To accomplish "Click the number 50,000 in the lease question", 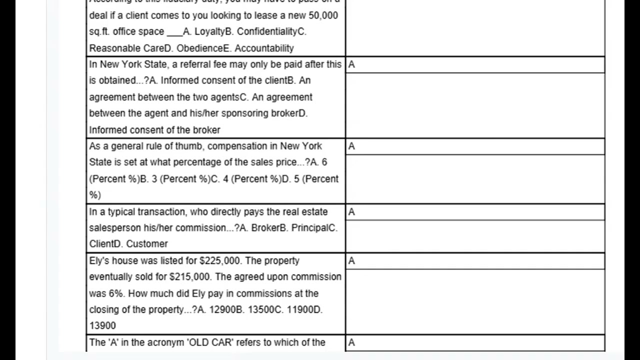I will pos(323,15).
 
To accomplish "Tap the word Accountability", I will pos(264,48).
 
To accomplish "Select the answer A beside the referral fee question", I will pos(351,64).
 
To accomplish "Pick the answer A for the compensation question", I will pos(351,146).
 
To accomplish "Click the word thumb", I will pos(188,146).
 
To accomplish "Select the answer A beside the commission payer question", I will pos(351,212).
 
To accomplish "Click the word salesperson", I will pos(115,228).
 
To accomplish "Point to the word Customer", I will pos(147,244).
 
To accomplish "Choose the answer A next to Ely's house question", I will pos(351,261).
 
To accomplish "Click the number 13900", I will pos(102,326).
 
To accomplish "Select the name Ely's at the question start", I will pos(99,261).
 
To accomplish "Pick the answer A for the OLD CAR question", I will pos(351,342).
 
